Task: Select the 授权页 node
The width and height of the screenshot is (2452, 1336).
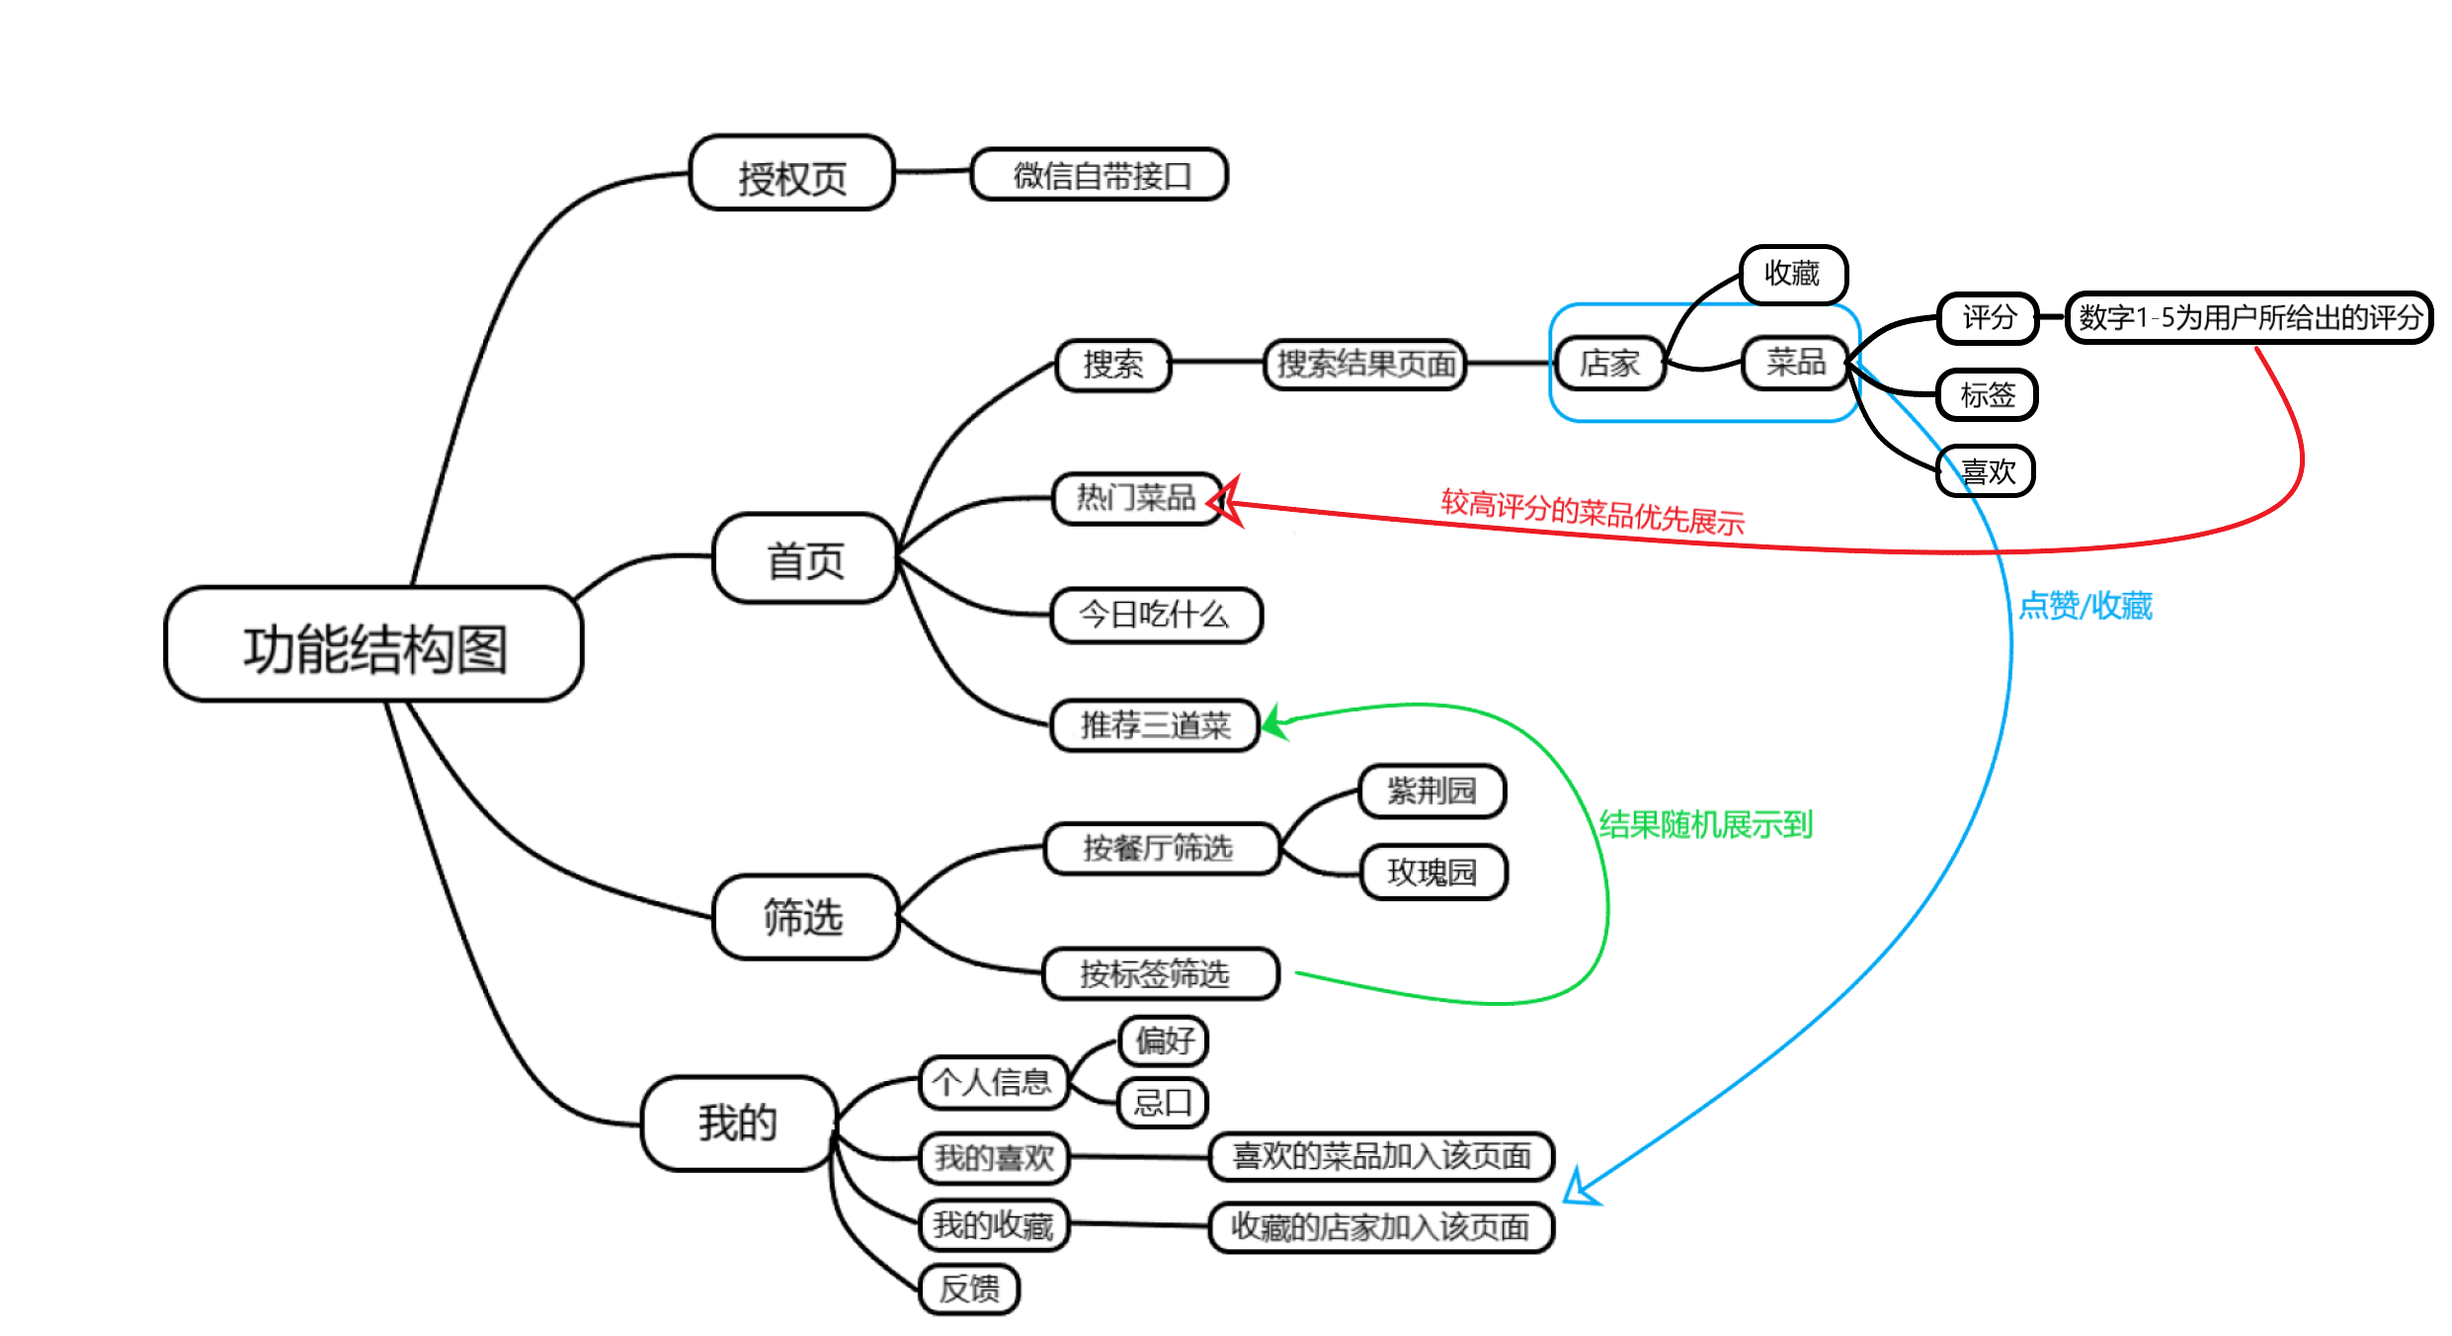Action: point(791,174)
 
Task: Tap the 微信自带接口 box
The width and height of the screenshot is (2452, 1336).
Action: point(1100,175)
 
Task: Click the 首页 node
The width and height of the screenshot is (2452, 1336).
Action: point(804,558)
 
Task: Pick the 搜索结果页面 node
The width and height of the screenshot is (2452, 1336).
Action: point(1364,364)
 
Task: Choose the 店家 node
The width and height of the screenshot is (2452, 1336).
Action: point(1608,364)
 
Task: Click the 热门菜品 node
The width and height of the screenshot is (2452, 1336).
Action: point(1135,498)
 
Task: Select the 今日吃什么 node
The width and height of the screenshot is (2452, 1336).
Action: point(1155,615)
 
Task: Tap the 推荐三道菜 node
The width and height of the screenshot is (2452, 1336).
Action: point(1154,725)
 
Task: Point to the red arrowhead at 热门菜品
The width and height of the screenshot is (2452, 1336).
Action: point(1226,502)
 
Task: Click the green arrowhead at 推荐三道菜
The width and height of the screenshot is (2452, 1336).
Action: point(1275,722)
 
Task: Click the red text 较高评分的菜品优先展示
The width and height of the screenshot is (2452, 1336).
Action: point(1592,513)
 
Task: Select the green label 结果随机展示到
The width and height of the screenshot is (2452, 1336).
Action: point(1705,823)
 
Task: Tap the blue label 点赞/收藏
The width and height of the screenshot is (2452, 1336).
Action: point(2084,605)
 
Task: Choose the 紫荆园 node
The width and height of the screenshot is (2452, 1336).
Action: point(1431,791)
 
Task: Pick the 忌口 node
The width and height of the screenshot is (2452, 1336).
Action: point(1163,1102)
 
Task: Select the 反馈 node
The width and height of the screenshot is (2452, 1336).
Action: point(969,1289)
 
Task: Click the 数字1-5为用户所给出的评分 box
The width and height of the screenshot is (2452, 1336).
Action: point(2248,318)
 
